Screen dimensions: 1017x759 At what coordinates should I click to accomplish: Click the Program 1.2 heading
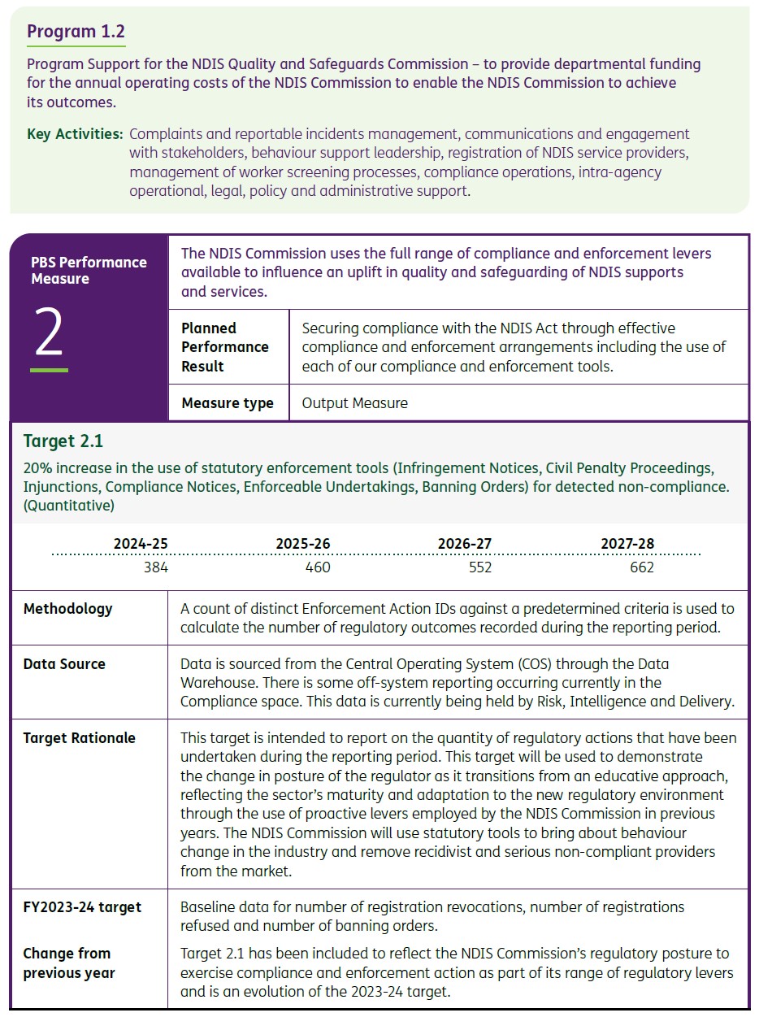[x=76, y=32]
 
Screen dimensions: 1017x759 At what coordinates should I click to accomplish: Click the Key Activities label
[x=75, y=134]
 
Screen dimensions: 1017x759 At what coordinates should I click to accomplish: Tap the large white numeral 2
[x=49, y=336]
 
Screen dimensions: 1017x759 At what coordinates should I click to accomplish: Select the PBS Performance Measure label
[x=89, y=270]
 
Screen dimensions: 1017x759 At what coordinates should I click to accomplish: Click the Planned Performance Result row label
[x=224, y=347]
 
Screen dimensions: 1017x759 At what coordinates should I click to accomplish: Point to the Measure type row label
[x=228, y=403]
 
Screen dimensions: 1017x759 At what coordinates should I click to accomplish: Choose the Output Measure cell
[x=354, y=403]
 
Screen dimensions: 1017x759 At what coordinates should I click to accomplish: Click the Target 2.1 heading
[x=63, y=441]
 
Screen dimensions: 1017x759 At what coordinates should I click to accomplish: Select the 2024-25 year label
[x=141, y=544]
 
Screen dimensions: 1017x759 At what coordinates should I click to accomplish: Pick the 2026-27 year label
[x=464, y=544]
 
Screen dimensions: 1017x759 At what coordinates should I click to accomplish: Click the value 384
[x=155, y=567]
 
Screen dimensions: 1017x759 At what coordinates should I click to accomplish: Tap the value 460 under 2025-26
[x=318, y=567]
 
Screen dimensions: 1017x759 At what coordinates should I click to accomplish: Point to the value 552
[x=480, y=567]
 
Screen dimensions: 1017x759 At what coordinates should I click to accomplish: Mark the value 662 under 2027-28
[x=642, y=567]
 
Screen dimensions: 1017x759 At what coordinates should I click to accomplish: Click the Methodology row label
[x=67, y=609]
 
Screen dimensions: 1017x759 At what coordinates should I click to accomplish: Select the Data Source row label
[x=64, y=664]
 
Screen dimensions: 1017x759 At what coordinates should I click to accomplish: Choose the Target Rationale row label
[x=79, y=738]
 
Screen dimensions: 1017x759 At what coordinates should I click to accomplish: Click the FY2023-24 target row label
[x=82, y=907]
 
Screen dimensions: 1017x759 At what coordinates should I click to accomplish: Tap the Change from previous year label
[x=69, y=963]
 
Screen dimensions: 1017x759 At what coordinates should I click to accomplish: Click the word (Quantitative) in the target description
[x=69, y=506]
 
